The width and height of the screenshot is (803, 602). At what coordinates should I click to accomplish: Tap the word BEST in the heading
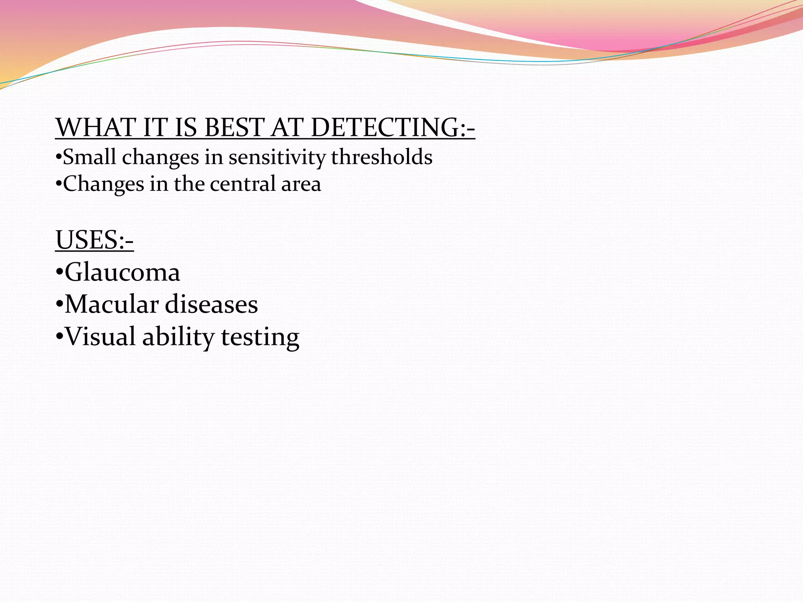coord(234,128)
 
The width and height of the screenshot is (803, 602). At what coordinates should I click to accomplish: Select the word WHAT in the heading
coord(95,128)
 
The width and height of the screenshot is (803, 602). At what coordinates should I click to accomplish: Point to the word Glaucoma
coord(122,272)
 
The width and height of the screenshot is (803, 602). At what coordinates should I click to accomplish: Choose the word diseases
coord(211,305)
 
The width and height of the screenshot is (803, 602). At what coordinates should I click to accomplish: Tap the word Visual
coord(100,337)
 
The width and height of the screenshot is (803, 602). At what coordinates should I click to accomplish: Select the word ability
coord(178,337)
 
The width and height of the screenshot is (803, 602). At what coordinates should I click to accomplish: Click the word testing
coord(260,337)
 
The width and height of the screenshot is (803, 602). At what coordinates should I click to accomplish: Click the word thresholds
coord(382,157)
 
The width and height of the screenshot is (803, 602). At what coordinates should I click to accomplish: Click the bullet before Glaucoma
coord(59,272)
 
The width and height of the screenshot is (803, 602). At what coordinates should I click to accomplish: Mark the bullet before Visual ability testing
coord(59,337)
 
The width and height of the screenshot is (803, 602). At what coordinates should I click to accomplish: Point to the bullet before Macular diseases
coord(59,305)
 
